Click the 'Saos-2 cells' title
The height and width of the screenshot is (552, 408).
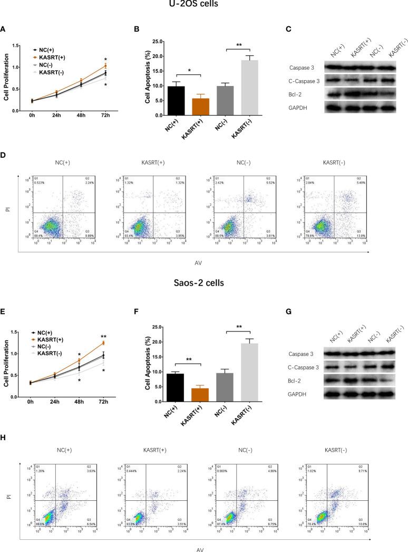click(x=203, y=283)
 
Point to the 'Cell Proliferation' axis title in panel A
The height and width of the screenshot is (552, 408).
click(x=6, y=78)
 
